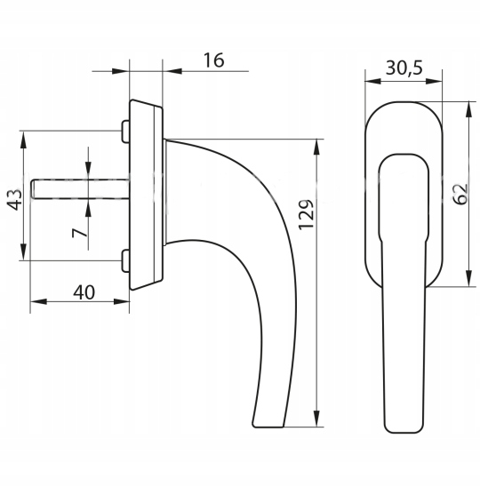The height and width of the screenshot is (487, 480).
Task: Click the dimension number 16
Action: [x=213, y=60]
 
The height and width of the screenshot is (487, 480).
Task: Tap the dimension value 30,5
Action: [x=404, y=68]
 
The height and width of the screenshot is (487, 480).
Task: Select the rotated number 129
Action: [x=307, y=214]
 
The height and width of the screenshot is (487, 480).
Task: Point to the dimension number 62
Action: [x=460, y=194]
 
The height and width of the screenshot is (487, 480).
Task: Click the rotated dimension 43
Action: [x=14, y=199]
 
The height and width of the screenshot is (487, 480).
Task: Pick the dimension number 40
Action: [x=84, y=292]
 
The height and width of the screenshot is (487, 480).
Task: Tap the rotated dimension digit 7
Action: [x=79, y=233]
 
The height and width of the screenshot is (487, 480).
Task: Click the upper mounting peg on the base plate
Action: [x=125, y=131]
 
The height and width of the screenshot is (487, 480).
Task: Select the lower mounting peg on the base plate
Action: [x=125, y=261]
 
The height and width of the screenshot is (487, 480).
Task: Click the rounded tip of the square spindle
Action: [x=32, y=188]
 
